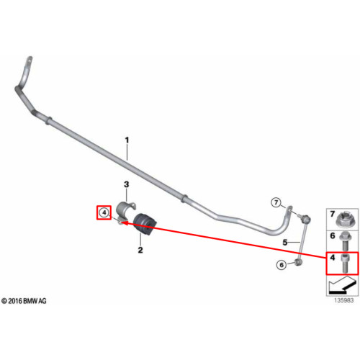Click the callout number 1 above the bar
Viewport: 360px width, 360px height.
coord(127,140)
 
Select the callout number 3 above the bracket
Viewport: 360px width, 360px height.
coord(126,184)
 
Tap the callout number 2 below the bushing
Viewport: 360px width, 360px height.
coord(140,250)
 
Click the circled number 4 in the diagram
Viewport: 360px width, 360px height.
coord(104,212)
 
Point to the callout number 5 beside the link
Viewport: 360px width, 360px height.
coord(285,243)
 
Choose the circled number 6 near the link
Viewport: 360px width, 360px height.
coord(282,265)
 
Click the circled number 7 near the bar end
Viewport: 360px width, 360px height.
coord(276,202)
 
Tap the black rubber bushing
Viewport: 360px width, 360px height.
coord(145,224)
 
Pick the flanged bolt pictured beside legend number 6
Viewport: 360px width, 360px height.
coord(345,241)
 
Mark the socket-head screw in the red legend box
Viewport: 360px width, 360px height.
coord(345,264)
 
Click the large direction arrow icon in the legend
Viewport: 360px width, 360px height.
coord(342,285)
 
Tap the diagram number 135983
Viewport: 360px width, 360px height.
coord(344,300)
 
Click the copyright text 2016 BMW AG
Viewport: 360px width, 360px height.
coord(24,301)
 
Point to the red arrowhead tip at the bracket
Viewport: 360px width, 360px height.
coord(121,222)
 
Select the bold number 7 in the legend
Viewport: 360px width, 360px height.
coord(333,214)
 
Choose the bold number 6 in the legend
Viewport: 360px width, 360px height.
coord(333,235)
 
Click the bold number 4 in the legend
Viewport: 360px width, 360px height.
coord(333,258)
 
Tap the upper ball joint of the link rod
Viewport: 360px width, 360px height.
coord(307,219)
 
